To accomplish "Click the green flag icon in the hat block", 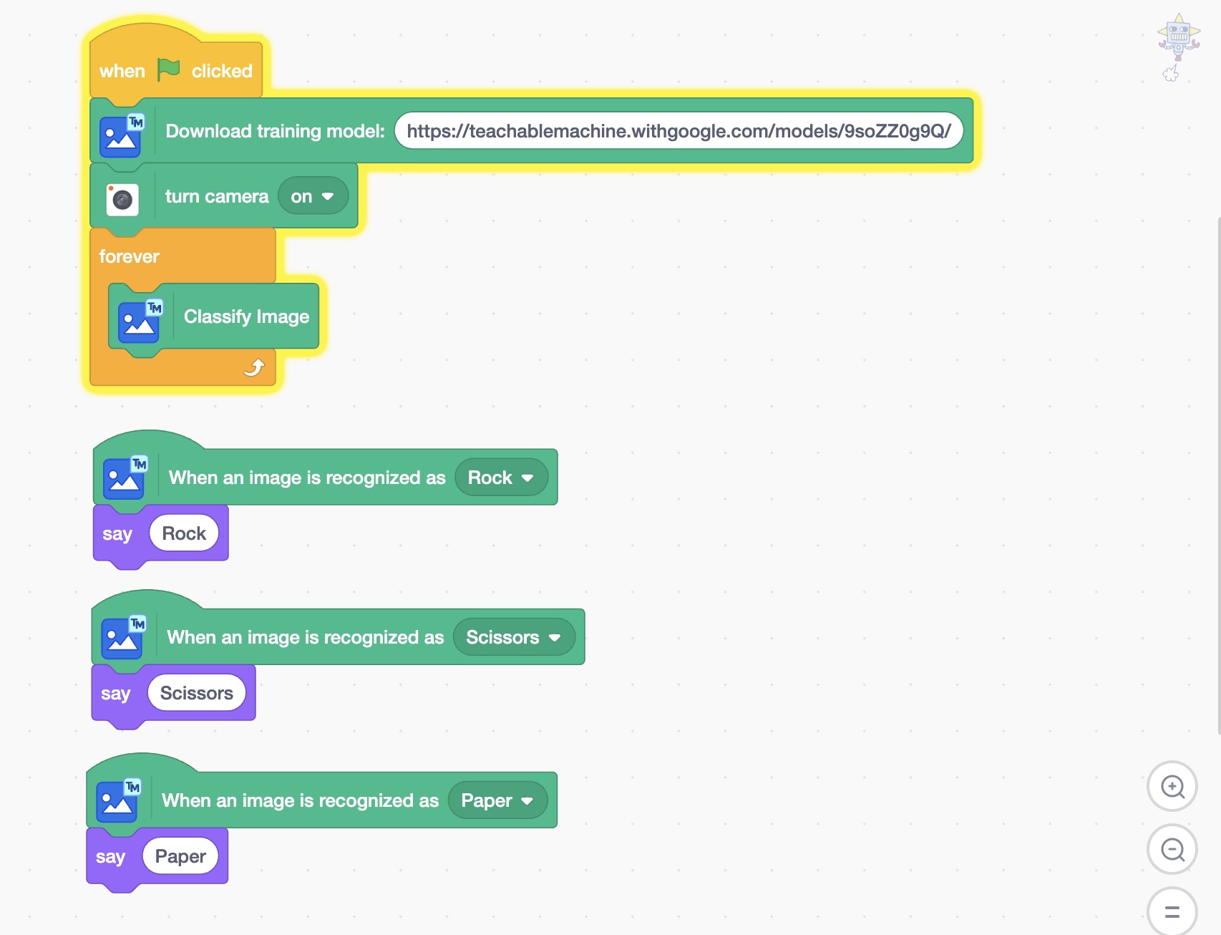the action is [x=169, y=69].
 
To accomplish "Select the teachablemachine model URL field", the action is [x=678, y=131].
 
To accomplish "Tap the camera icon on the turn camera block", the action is [x=122, y=200].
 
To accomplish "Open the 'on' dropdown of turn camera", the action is [x=313, y=196].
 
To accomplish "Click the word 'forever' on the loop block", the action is [x=130, y=256].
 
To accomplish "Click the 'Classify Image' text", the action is [x=246, y=316].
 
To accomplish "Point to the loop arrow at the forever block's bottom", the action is [x=254, y=367].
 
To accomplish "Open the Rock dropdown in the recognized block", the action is [x=501, y=478].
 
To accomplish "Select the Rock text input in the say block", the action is [x=184, y=533].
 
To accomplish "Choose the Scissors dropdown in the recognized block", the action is [x=514, y=637].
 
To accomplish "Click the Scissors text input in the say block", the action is [x=197, y=693].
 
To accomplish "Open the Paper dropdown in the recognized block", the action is [x=497, y=800].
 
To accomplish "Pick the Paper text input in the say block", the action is [x=180, y=856].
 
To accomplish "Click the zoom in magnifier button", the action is [x=1172, y=786].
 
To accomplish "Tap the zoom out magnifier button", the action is [x=1172, y=849].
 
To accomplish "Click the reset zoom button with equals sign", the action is [x=1172, y=911].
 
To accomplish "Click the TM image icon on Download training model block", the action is [x=122, y=135].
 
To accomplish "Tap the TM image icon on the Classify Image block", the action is [x=140, y=320].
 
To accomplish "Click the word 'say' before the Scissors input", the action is [x=116, y=694].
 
